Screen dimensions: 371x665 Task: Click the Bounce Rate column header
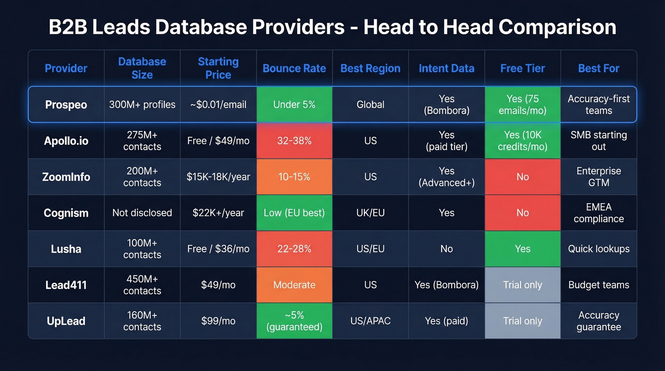click(x=294, y=68)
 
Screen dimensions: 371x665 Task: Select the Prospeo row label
click(x=66, y=105)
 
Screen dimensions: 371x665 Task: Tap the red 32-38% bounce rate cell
click(x=294, y=141)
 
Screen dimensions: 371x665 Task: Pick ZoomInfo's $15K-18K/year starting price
click(x=218, y=177)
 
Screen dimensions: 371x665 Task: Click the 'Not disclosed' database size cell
click(x=142, y=213)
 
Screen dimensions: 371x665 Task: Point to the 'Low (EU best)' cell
click(x=294, y=213)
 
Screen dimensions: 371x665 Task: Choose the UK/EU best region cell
click(x=370, y=213)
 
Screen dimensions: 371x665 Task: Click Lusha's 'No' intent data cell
click(x=446, y=249)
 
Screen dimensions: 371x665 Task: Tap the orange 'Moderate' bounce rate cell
click(x=294, y=285)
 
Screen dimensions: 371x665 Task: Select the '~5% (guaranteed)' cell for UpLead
click(x=294, y=321)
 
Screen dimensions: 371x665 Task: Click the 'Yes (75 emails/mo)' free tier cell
click(x=522, y=105)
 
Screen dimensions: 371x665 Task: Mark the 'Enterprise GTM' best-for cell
click(x=598, y=177)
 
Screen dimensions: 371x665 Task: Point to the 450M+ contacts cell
click(x=142, y=285)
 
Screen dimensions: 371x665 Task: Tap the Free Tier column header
click(x=522, y=68)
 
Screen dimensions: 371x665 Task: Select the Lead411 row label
click(x=66, y=285)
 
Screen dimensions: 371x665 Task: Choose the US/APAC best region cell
click(x=370, y=321)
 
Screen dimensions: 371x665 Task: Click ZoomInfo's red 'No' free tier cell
click(x=522, y=177)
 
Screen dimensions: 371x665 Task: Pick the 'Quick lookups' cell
click(x=598, y=249)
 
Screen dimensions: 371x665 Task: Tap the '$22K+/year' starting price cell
click(x=218, y=213)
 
